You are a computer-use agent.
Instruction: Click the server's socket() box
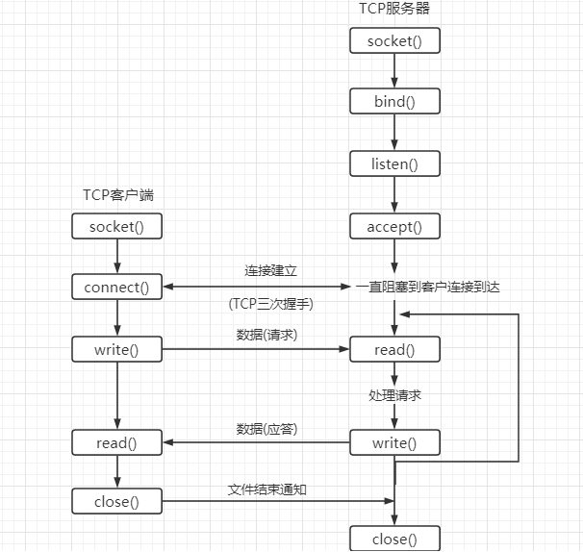(394, 40)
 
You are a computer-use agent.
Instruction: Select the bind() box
(394, 101)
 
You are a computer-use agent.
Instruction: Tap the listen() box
(394, 163)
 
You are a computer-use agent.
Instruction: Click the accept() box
(394, 226)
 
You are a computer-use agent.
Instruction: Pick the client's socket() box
(116, 226)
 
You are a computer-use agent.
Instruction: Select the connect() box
(116, 287)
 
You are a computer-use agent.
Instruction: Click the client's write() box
(116, 349)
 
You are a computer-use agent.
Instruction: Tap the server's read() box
(394, 350)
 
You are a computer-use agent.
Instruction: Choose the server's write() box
(394, 442)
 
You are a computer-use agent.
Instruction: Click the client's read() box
(116, 442)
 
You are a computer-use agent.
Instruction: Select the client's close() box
(116, 501)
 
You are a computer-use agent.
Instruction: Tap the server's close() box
(394, 539)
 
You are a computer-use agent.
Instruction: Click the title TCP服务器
(394, 10)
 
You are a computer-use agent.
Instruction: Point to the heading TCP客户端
(118, 195)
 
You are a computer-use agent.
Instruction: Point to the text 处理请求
(394, 395)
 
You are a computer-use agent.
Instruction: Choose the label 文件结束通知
(266, 489)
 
